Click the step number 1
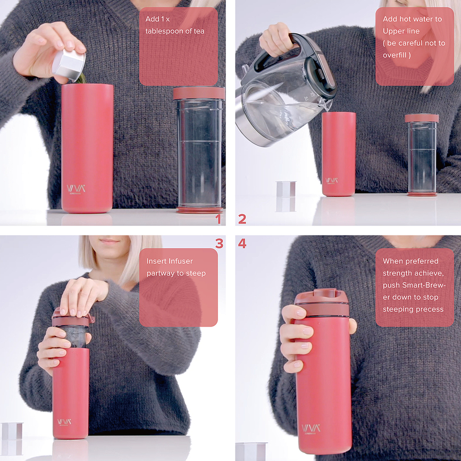[x=217, y=219]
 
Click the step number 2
[x=242, y=219]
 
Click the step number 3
[x=219, y=244]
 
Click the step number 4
[x=242, y=244]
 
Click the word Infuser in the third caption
[x=181, y=261]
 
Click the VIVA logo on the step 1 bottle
[x=76, y=188]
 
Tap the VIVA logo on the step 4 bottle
[x=311, y=428]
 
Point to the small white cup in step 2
[x=286, y=196]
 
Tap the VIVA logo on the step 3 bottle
[x=65, y=422]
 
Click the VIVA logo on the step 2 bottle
[x=331, y=180]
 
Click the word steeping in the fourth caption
[x=398, y=309]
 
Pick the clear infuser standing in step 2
[x=422, y=154]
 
